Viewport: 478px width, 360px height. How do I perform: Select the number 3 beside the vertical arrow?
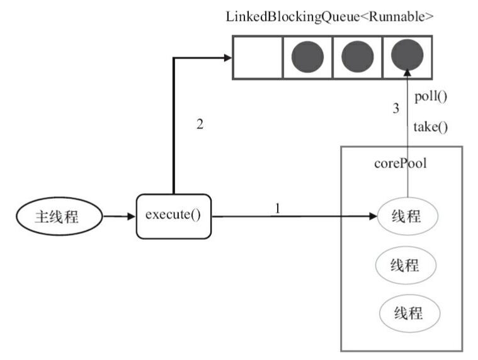point(396,108)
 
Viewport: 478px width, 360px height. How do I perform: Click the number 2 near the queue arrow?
point(200,124)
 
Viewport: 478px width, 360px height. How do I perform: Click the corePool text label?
point(401,164)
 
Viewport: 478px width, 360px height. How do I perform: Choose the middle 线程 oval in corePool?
point(406,264)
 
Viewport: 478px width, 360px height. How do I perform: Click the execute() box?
point(173,217)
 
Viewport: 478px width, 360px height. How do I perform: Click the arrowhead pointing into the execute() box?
point(131,217)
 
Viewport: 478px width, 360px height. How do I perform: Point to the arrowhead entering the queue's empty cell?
point(227,58)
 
